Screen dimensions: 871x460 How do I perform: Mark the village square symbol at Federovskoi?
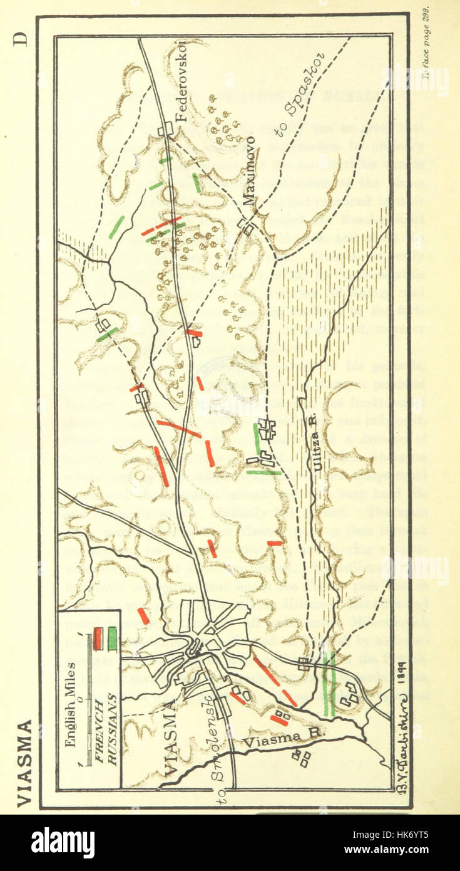point(166,130)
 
